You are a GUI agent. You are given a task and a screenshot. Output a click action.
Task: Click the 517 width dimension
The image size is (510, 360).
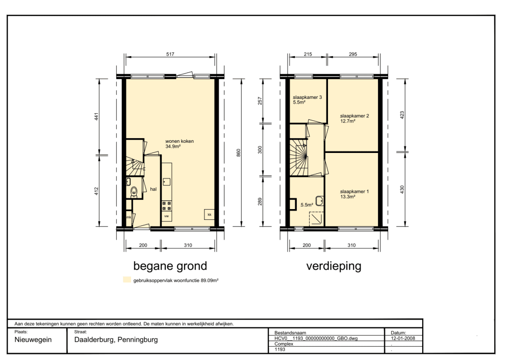tap(170, 55)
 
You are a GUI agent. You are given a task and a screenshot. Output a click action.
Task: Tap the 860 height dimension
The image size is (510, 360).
tap(238, 153)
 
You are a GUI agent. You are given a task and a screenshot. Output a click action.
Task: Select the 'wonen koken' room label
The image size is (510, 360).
tap(180, 141)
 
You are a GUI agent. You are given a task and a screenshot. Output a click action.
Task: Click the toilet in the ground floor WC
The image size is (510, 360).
tap(134, 192)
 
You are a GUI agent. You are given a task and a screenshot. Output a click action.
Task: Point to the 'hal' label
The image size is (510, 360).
tap(153, 189)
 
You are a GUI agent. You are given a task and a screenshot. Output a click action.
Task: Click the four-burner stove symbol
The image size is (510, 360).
tap(167, 206)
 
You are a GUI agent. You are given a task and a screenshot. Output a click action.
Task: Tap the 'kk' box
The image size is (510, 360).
tap(210, 214)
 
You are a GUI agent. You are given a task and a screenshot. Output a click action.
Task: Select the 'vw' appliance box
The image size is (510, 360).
tap(167, 216)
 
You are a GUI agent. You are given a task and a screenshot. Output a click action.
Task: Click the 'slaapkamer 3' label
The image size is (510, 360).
tap(308, 97)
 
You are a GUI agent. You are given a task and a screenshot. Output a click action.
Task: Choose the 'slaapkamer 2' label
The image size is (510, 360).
tap(354, 116)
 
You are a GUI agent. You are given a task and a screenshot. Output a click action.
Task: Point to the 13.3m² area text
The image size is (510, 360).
tap(348, 196)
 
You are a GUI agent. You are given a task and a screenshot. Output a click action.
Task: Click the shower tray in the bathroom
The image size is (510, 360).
tap(316, 219)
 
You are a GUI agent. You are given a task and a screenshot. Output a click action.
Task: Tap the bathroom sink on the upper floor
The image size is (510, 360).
tap(319, 201)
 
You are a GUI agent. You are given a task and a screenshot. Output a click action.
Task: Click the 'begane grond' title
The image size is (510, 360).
tap(170, 266)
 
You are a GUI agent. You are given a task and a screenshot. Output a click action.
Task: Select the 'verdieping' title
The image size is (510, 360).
tap(334, 266)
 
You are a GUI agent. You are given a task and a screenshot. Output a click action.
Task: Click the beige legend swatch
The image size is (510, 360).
tap(127, 279)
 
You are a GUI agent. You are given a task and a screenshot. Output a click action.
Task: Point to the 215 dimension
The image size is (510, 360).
tap(308, 55)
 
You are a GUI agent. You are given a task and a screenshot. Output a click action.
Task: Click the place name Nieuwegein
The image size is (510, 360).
tap(33, 340)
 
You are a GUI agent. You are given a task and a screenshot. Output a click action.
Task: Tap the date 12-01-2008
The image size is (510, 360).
tap(403, 338)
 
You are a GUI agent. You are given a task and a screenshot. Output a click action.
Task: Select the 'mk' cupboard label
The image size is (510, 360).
tap(129, 217)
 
